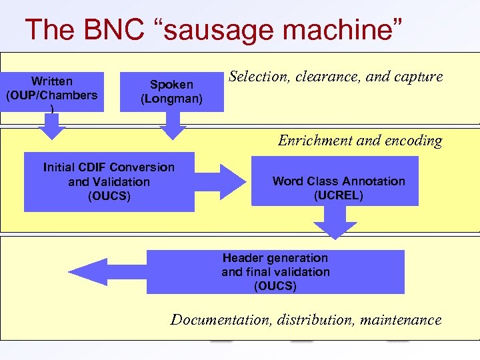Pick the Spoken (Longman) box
coord(172,92)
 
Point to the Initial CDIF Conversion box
coord(109,181)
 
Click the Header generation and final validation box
coord(275,272)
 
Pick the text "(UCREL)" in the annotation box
coord(339,196)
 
